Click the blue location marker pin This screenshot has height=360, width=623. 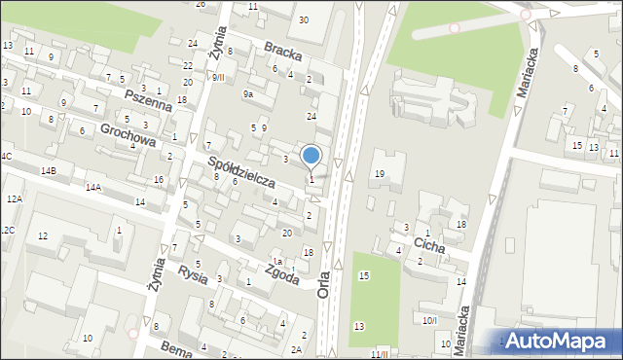pyautogui.click(x=311, y=156)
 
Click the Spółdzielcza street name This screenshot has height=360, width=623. pyautogui.click(x=240, y=169)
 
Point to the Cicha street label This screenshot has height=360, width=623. pyautogui.click(x=430, y=246)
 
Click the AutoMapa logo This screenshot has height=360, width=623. pyautogui.click(x=559, y=342)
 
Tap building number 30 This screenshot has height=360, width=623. pyautogui.click(x=304, y=19)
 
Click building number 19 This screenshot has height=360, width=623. pyautogui.click(x=380, y=173)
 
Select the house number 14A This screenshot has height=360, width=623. pyautogui.click(x=92, y=187)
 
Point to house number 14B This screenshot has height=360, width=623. pyautogui.click(x=48, y=170)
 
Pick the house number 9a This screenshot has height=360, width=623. pyautogui.click(x=248, y=94)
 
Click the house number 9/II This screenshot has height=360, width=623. pyautogui.click(x=218, y=77)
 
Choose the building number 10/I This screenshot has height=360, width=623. pyautogui.click(x=429, y=319)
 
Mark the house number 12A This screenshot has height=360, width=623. pyautogui.click(x=14, y=198)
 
